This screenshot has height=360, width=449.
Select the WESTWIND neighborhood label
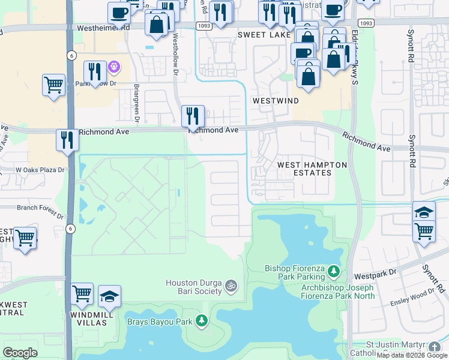[276, 101]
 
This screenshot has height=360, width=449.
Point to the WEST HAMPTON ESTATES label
[304, 169]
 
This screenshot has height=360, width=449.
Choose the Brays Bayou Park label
[159, 322]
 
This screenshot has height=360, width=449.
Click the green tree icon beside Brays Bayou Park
[203, 322]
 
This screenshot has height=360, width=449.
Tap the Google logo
[20, 353]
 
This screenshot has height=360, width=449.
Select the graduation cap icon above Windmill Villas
[109, 295]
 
